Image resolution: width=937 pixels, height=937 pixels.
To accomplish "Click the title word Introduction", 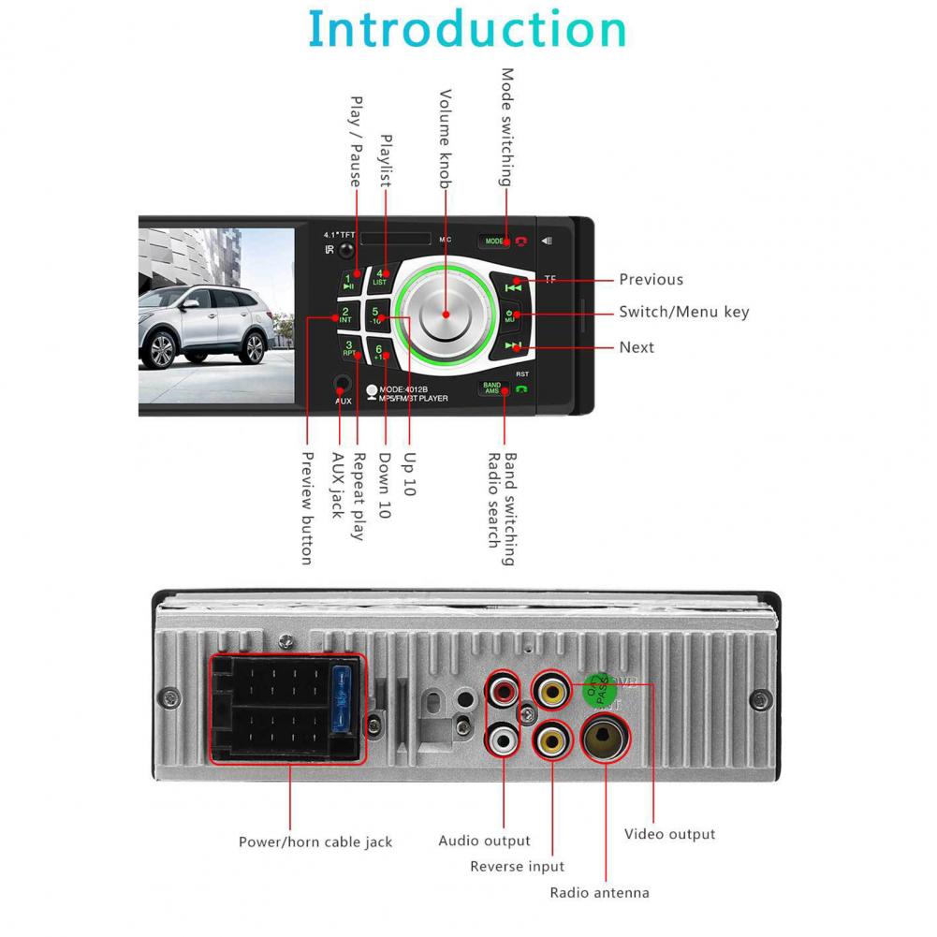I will (467, 29).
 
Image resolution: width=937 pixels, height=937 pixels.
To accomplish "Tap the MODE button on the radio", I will (493, 241).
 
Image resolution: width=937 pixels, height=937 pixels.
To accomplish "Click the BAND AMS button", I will (491, 387).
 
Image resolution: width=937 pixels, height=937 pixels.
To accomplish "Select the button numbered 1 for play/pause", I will (347, 281).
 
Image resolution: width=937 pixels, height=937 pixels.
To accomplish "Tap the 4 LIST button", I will (380, 277).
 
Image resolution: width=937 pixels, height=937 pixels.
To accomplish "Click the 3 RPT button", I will (348, 349).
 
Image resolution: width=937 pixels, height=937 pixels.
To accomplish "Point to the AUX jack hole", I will (343, 384).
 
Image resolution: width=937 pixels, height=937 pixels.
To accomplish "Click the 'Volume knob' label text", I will (447, 139).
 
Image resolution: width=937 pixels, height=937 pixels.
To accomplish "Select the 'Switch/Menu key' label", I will (683, 313).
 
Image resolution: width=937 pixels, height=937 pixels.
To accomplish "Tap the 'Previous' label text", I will (651, 279).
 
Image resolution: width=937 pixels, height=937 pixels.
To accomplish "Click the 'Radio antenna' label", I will (599, 892).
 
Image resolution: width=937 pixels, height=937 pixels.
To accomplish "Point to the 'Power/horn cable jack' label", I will (315, 842).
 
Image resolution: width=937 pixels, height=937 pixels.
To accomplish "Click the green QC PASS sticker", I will (597, 691).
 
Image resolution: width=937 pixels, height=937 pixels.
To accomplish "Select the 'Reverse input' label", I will (517, 867).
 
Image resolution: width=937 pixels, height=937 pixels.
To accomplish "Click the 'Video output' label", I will (669, 833).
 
